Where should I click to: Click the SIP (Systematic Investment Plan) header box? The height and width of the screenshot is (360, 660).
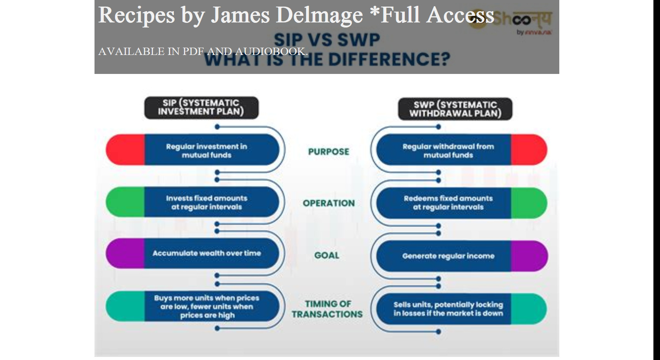click(201, 107)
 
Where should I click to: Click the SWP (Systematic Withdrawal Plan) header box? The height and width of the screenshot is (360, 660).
click(455, 109)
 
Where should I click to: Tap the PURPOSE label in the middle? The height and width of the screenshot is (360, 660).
click(328, 151)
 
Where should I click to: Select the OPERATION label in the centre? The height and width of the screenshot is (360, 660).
click(328, 203)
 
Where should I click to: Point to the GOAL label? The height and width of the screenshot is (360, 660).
click(327, 255)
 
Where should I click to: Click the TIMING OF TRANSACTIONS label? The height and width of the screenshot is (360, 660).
click(327, 309)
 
